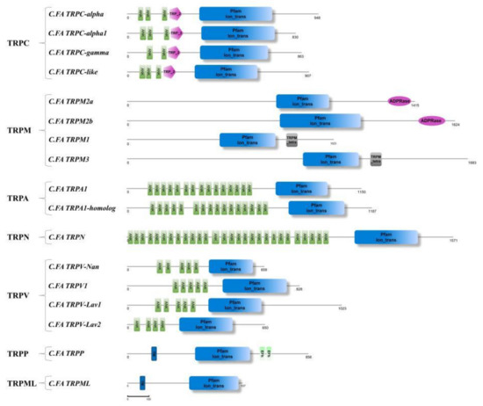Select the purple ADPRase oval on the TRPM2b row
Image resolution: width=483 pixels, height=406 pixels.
430,120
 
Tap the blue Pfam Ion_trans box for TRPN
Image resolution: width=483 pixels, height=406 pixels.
383,237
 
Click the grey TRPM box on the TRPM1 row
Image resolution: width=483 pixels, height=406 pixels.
292,140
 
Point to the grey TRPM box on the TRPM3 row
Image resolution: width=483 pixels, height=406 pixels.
376,158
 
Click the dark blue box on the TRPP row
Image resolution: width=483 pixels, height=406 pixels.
154,353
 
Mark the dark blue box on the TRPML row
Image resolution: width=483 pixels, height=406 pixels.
143,383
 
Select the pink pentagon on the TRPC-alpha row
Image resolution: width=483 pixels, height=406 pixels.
175,13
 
